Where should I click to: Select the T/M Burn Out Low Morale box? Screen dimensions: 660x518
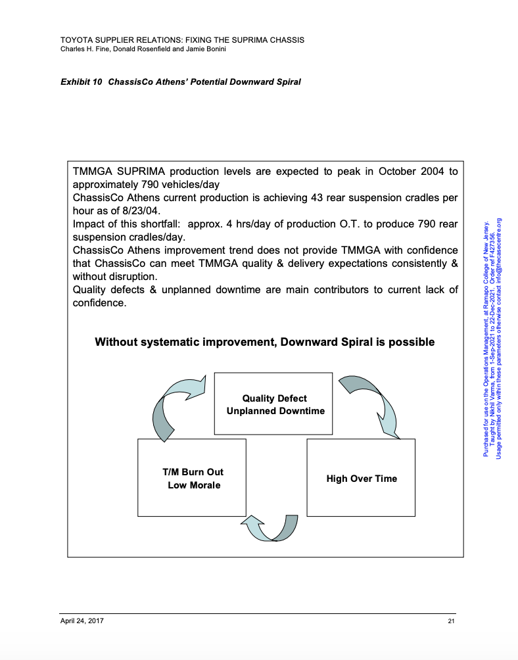pos(192,478)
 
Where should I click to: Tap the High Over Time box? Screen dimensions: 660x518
pos(361,478)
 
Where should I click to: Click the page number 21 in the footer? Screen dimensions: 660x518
pos(451,621)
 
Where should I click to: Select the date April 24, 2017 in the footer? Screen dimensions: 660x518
pos(82,621)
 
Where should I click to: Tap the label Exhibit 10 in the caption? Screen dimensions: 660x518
pos(81,82)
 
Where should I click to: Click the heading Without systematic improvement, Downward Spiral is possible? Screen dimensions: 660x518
pos(264,342)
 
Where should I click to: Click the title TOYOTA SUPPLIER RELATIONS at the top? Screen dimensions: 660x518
pos(122,39)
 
